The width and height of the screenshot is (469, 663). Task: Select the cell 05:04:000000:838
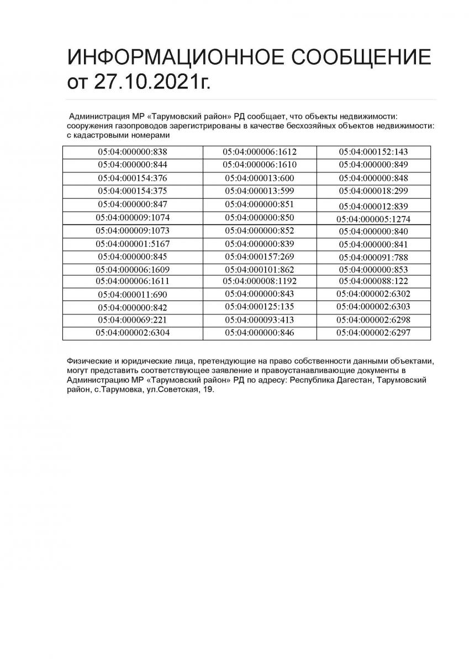point(133,151)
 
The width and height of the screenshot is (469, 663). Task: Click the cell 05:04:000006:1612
point(260,151)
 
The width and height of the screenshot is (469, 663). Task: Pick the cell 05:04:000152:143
point(373,151)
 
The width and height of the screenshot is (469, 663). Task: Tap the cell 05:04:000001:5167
point(133,244)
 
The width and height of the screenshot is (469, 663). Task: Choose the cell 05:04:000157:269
point(260,257)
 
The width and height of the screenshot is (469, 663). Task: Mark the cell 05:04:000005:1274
point(373,219)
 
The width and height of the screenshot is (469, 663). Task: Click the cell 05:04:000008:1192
point(260,281)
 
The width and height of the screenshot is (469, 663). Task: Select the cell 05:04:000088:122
point(373,281)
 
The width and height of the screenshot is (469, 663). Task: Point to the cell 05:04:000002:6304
point(133,333)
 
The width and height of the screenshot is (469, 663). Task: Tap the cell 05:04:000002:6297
point(373,333)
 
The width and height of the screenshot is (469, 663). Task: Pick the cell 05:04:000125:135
point(260,307)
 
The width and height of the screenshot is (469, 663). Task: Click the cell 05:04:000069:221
point(133,320)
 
